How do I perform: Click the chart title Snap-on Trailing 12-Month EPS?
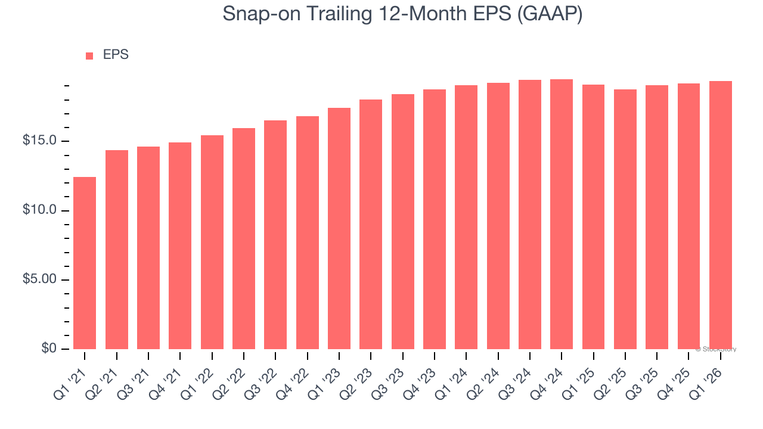click(x=402, y=14)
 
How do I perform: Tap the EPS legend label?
click(x=116, y=55)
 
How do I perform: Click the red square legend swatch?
click(x=89, y=55)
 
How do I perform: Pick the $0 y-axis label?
click(x=49, y=349)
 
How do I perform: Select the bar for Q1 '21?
click(x=85, y=263)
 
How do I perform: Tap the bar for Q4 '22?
click(x=308, y=232)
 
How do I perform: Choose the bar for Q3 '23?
click(x=403, y=222)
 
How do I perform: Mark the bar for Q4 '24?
click(x=562, y=214)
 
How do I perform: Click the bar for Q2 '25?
click(x=625, y=219)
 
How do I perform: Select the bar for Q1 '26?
click(x=721, y=215)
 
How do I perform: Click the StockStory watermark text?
click(x=716, y=349)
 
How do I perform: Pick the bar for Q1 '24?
click(x=466, y=217)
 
